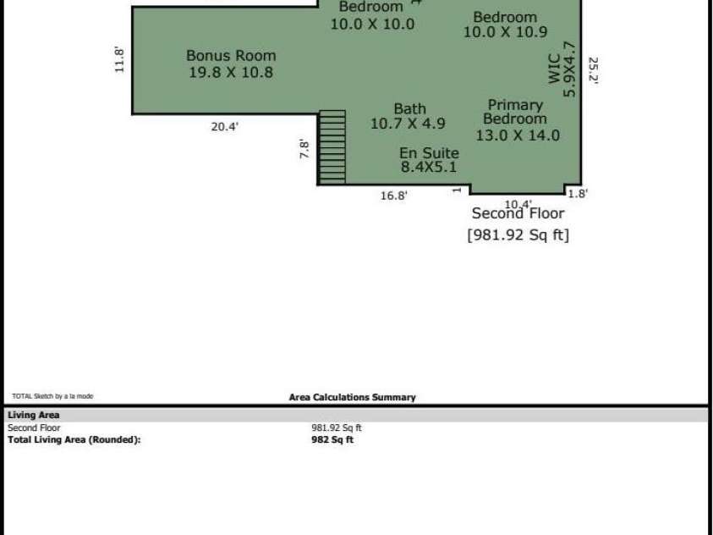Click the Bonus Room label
point(231,56)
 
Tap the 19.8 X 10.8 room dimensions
point(231,72)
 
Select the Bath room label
point(409,108)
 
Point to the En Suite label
point(430,152)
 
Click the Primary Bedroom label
point(515,112)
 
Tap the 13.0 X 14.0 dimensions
point(518,135)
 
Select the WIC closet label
point(554,69)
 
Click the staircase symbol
point(332,147)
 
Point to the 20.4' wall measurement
point(225,127)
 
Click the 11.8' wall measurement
point(118,59)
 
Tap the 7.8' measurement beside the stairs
point(304,149)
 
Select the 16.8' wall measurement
point(394,196)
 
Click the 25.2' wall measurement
point(594,70)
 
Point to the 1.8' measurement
point(578,194)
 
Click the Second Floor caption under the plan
point(518,213)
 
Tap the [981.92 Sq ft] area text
point(518,234)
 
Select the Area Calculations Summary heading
point(353,397)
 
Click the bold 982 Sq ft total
point(332,440)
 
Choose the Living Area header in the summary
point(34,415)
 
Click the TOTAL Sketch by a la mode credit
point(52,396)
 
